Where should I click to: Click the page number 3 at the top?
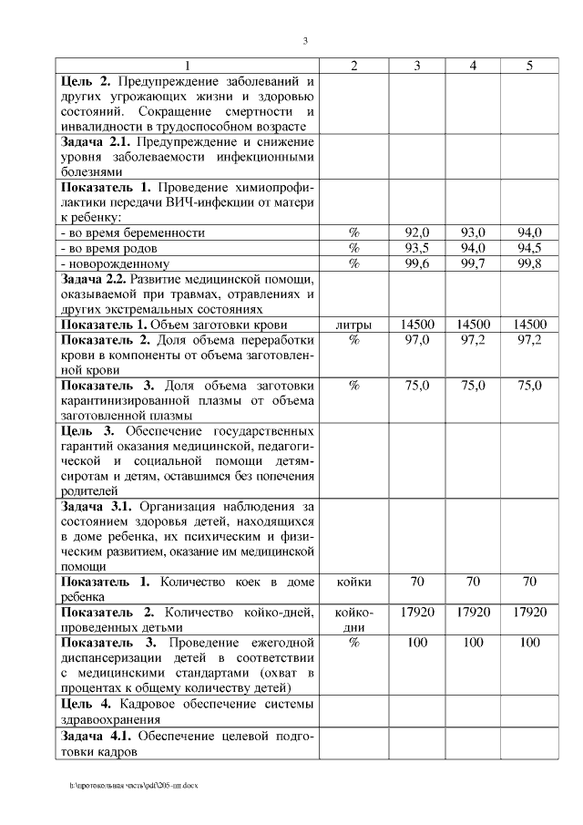(305, 40)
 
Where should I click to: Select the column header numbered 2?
(353, 66)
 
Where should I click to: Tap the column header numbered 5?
(529, 66)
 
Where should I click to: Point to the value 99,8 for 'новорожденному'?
(529, 263)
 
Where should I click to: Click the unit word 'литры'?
(353, 324)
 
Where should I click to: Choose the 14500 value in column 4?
(473, 324)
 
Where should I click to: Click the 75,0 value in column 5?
(529, 385)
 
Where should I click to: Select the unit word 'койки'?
(353, 581)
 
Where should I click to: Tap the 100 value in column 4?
(473, 642)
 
